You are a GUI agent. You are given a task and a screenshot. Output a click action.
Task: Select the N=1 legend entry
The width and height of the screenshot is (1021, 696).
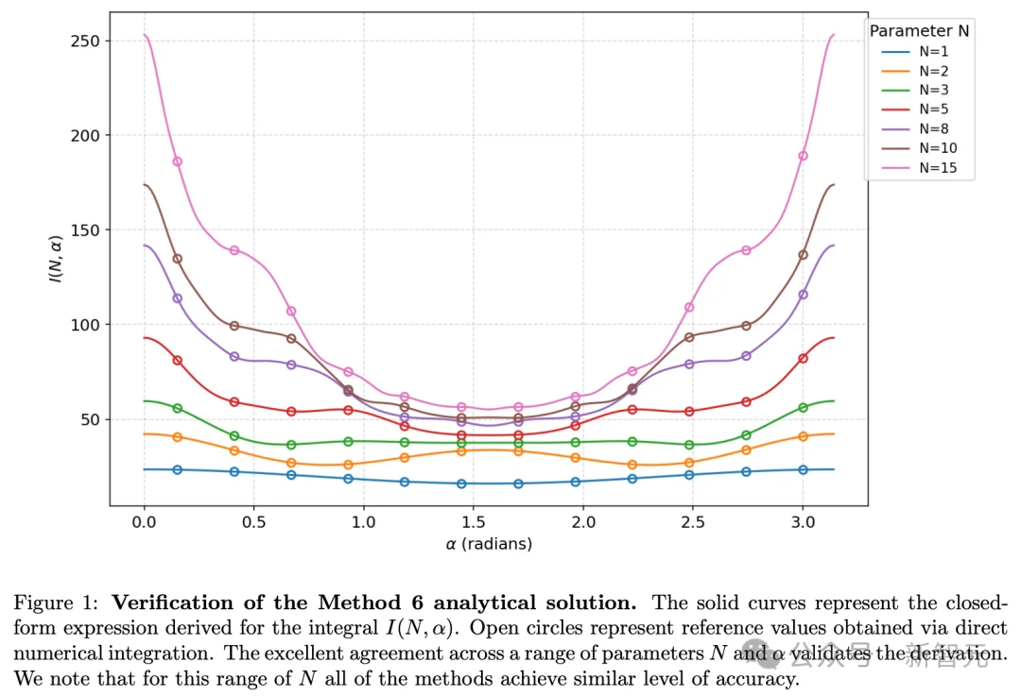[917, 52]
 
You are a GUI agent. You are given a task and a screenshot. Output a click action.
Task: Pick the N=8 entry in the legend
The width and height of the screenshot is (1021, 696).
[917, 128]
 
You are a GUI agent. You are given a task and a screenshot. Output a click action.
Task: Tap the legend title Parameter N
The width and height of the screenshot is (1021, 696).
[919, 31]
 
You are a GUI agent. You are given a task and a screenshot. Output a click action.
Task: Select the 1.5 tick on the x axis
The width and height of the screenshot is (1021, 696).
[474, 521]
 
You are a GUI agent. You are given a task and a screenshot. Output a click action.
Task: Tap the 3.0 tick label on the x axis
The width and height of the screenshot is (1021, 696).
[803, 521]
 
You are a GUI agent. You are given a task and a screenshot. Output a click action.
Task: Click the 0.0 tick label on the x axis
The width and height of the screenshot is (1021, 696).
[145, 521]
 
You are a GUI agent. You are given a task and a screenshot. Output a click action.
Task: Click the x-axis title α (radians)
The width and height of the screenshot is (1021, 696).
[489, 544]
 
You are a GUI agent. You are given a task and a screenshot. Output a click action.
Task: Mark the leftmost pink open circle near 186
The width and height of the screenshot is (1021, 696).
[178, 161]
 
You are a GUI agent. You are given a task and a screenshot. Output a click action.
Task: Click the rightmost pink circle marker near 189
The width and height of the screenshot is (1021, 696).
[804, 156]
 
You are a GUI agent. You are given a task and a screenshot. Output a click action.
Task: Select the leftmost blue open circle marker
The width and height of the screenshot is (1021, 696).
[178, 469]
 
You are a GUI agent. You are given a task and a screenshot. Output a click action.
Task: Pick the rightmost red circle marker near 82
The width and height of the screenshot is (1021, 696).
[804, 358]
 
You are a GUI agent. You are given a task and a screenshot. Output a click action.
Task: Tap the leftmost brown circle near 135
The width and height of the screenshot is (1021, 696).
[178, 259]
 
